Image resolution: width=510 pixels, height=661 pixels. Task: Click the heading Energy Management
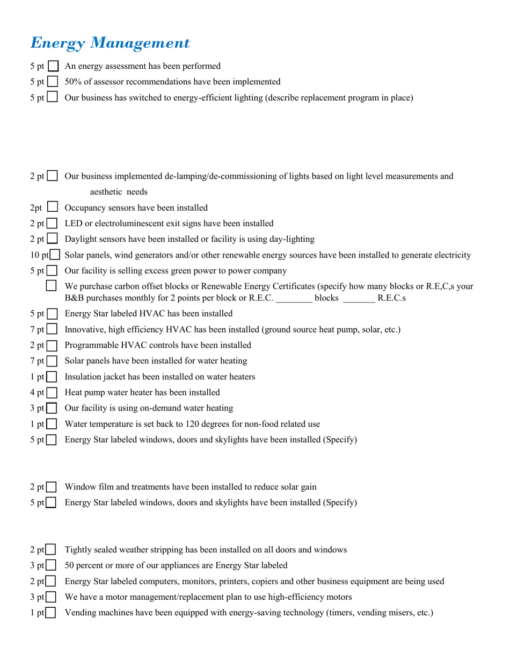pyautogui.click(x=110, y=43)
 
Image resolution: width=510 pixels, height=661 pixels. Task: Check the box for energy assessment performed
pyautogui.click(x=53, y=67)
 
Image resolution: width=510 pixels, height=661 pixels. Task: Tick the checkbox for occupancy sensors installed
pyautogui.click(x=53, y=208)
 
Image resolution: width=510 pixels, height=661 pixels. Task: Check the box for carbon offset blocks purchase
pyautogui.click(x=52, y=287)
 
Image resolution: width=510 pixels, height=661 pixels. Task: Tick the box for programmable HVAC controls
pyautogui.click(x=53, y=346)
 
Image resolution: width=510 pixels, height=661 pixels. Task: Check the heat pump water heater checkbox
pyautogui.click(x=53, y=393)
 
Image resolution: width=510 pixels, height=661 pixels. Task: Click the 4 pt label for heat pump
pyautogui.click(x=37, y=393)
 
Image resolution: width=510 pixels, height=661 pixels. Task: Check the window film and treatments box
pyautogui.click(x=52, y=487)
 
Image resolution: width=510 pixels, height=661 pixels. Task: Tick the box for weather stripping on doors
pyautogui.click(x=52, y=550)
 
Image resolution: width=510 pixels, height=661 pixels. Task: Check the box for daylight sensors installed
pyautogui.click(x=53, y=239)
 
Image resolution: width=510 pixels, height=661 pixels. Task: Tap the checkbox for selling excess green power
pyautogui.click(x=53, y=271)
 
